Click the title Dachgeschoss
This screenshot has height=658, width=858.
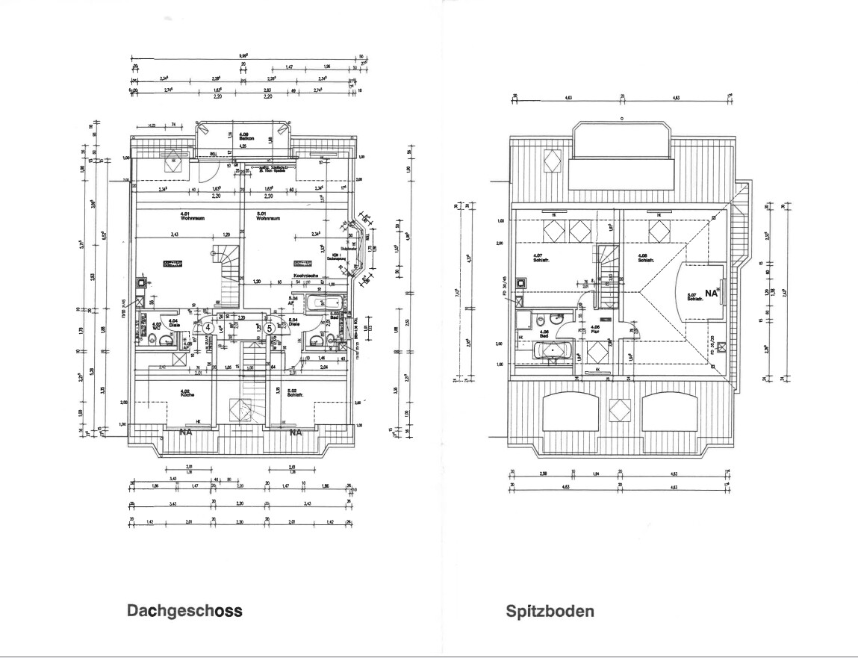tap(184, 611)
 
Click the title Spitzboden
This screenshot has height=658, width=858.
tap(550, 612)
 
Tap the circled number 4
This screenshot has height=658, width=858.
tap(209, 327)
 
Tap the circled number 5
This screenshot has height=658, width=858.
tap(270, 327)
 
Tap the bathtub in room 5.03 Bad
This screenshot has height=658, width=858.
tap(326, 303)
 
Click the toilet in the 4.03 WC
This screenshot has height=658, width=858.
tap(152, 340)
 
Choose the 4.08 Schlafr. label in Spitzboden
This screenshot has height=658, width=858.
tap(647, 258)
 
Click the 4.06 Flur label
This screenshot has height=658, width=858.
tap(595, 328)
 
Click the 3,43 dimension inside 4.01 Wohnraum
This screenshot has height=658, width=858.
tap(173, 235)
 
